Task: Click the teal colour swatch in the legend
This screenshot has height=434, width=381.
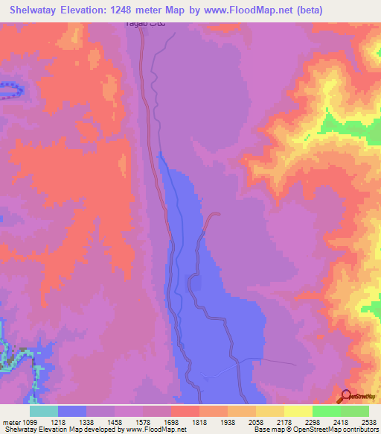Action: [43, 411]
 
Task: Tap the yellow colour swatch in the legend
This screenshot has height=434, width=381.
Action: [298, 411]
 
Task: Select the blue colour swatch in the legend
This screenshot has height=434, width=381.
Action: [72, 411]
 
